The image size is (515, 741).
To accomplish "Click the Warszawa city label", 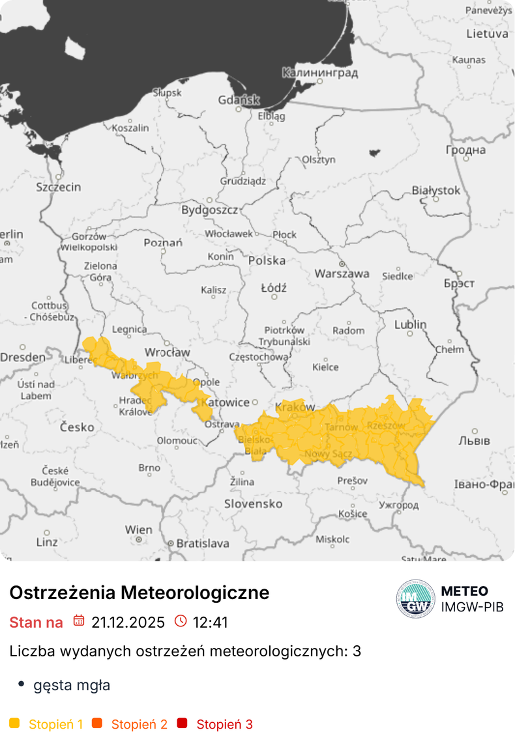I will click(342, 274).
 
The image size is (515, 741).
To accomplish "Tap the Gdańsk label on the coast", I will click(239, 100).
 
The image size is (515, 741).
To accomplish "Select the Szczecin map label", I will click(59, 188).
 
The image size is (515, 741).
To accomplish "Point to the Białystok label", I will click(436, 191).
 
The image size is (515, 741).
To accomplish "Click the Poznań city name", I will click(163, 243).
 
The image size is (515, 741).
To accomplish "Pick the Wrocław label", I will click(168, 352).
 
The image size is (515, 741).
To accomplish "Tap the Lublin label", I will click(411, 324).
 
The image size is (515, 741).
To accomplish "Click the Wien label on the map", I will click(139, 530).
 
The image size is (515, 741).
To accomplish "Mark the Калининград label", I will click(320, 73).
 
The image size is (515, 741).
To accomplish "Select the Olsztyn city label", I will click(319, 160).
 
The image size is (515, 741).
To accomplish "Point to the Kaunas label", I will click(469, 60).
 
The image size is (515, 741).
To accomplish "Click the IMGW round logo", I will click(415, 598).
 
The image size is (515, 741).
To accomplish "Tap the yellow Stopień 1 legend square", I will click(15, 723).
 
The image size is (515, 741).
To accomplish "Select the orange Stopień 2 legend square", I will click(97, 723).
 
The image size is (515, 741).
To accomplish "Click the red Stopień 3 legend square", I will click(182, 723).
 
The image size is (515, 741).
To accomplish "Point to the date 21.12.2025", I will click(128, 622).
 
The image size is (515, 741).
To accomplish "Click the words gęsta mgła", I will click(72, 686).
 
